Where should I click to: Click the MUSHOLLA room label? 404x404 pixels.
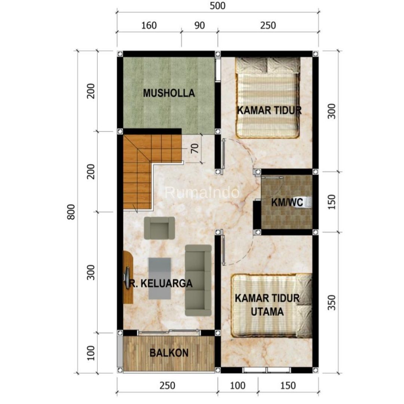(169, 93)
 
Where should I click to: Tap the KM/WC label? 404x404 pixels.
(287, 202)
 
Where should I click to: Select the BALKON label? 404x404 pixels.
(169, 353)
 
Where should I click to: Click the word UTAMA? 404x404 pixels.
(267, 312)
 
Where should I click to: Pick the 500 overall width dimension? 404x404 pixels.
(217, 6)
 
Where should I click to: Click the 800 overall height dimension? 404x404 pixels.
(71, 212)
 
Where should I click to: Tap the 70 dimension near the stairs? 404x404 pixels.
(195, 148)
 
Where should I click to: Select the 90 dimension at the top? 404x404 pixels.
(199, 25)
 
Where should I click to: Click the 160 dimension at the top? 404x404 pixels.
(149, 25)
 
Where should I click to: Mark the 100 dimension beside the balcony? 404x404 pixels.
(91, 353)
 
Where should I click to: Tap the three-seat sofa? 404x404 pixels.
(198, 280)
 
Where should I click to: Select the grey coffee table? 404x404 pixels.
(160, 278)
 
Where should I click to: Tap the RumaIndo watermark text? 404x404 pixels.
(202, 193)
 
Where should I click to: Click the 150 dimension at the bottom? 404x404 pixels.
(288, 385)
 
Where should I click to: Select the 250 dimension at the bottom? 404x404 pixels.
(168, 385)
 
